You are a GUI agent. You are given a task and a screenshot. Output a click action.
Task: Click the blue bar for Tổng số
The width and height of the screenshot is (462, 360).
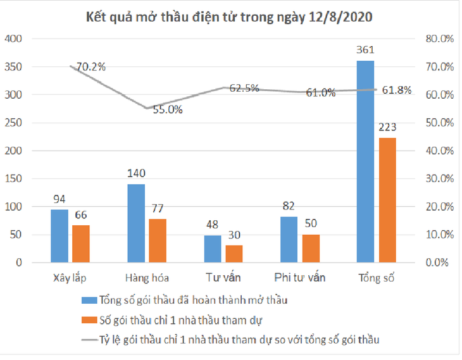tap(365, 161)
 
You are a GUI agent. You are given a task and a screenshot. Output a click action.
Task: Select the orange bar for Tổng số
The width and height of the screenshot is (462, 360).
tap(387, 200)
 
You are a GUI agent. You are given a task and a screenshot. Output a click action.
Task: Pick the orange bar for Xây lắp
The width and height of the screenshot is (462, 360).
tap(80, 244)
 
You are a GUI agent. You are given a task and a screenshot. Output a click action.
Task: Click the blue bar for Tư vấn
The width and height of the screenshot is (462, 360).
tap(212, 249)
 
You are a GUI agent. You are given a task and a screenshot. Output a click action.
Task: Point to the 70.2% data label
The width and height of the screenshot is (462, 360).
tap(91, 66)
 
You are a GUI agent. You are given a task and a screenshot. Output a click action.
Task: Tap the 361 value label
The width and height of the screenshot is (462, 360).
tap(366, 50)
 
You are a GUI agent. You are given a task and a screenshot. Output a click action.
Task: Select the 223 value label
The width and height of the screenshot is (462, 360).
tap(387, 128)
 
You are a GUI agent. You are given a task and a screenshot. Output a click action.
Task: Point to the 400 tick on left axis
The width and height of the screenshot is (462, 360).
tap(14, 39)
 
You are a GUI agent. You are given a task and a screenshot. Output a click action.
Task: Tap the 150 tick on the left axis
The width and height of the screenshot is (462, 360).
tap(14, 178)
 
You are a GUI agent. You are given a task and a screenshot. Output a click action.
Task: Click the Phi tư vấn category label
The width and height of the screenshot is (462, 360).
tap(299, 278)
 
